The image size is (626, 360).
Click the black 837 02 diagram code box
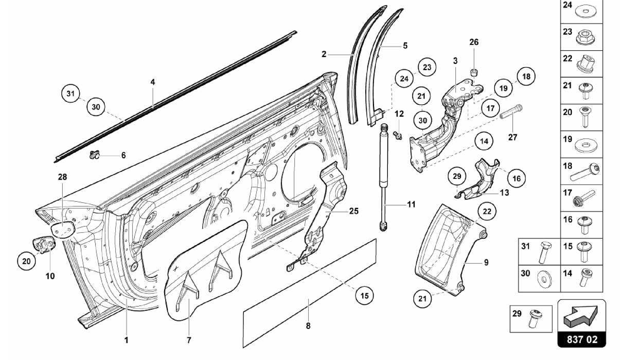(x=582, y=340)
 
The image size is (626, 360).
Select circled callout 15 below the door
(x=364, y=296)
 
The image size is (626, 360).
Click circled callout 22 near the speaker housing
(x=487, y=211)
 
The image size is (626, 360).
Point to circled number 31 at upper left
(x=71, y=93)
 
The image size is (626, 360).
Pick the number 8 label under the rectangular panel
(x=308, y=326)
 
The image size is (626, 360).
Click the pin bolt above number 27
(x=511, y=112)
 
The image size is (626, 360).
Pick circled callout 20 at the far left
(x=26, y=261)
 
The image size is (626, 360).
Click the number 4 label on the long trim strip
(x=153, y=82)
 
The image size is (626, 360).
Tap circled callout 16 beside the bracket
(x=516, y=178)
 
